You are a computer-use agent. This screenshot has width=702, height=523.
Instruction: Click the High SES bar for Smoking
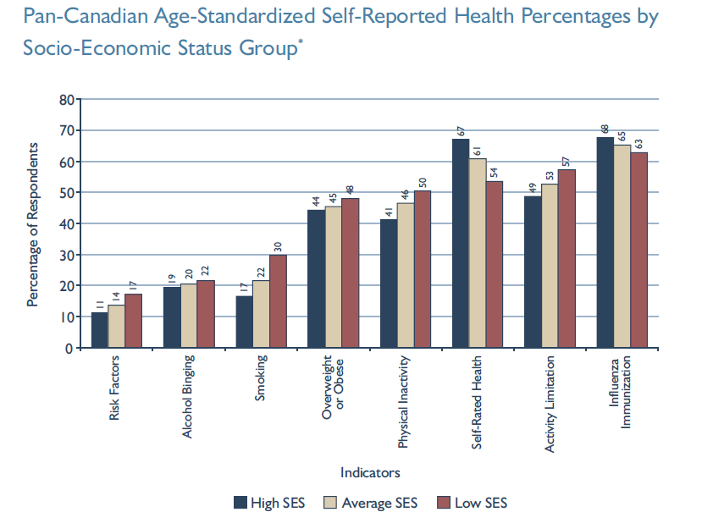pyautogui.click(x=244, y=322)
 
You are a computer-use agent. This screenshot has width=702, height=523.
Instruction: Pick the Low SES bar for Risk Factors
pyautogui.click(x=133, y=321)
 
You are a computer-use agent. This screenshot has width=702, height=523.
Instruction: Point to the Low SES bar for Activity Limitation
pyautogui.click(x=567, y=258)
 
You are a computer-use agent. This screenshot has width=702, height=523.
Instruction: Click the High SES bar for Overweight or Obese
pyautogui.click(x=316, y=278)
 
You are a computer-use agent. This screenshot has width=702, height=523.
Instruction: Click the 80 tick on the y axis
pyautogui.click(x=64, y=99)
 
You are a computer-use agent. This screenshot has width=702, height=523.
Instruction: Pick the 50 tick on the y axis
pyautogui.click(x=64, y=192)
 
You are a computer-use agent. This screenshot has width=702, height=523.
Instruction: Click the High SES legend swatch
pyautogui.click(x=240, y=503)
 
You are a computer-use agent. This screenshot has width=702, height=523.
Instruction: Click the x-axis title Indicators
pyautogui.click(x=370, y=472)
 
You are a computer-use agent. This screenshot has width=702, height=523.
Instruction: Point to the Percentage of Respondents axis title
pyautogui.click(x=32, y=223)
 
